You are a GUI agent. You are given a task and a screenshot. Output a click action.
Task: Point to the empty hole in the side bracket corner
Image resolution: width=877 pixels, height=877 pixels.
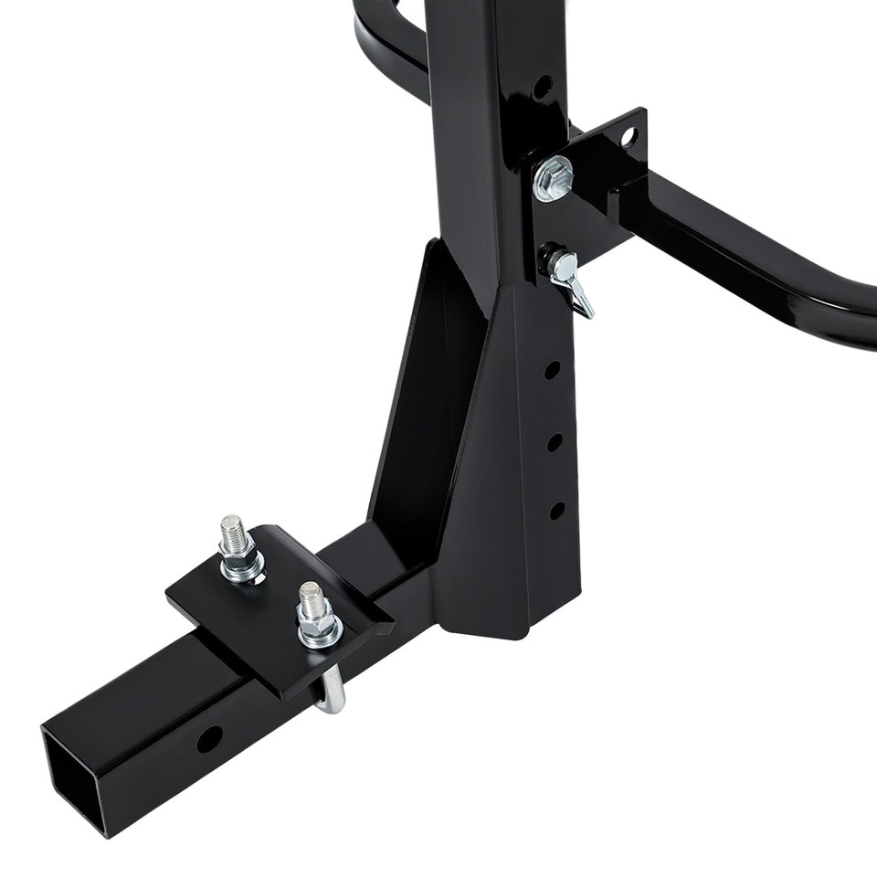click(629, 137)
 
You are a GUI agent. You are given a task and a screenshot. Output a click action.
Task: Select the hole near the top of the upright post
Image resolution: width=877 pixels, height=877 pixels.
click(542, 88)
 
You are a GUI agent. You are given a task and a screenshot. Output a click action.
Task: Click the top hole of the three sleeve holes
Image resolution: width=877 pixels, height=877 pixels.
click(552, 370)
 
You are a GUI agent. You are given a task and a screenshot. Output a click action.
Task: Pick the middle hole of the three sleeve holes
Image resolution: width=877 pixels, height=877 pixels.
click(554, 441)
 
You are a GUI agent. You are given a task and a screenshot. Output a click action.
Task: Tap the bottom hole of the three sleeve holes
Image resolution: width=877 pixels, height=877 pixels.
click(555, 510)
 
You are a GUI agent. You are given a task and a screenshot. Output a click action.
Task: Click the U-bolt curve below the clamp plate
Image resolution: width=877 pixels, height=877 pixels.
click(334, 694)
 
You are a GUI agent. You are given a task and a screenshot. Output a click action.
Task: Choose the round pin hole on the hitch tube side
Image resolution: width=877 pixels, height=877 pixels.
click(208, 738)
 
